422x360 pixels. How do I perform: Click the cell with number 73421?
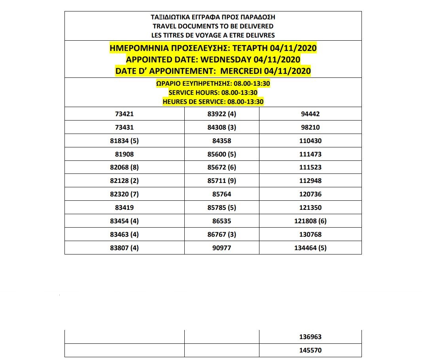click(x=124, y=114)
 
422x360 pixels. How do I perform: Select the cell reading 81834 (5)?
click(x=124, y=141)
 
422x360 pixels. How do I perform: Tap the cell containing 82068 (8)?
click(x=124, y=167)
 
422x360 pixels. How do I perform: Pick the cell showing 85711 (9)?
click(x=221, y=181)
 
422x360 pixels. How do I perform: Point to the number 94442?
click(x=310, y=114)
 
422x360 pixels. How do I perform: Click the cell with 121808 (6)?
click(x=310, y=221)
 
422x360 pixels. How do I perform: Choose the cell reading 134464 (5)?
click(x=310, y=248)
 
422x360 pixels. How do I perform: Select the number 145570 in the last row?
click(x=310, y=350)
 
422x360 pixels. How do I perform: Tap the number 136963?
click(x=310, y=337)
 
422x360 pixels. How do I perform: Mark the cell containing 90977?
click(x=221, y=248)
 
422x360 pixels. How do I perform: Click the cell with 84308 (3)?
click(x=221, y=127)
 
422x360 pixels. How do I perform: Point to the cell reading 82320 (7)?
click(x=124, y=194)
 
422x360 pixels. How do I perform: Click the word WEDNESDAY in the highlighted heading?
click(x=225, y=60)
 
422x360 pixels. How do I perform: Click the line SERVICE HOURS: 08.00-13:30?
click(x=213, y=92)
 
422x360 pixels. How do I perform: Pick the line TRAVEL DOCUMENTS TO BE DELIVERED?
click(x=213, y=26)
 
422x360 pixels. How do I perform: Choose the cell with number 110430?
click(x=310, y=141)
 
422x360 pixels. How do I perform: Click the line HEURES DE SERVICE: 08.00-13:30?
click(x=213, y=102)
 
